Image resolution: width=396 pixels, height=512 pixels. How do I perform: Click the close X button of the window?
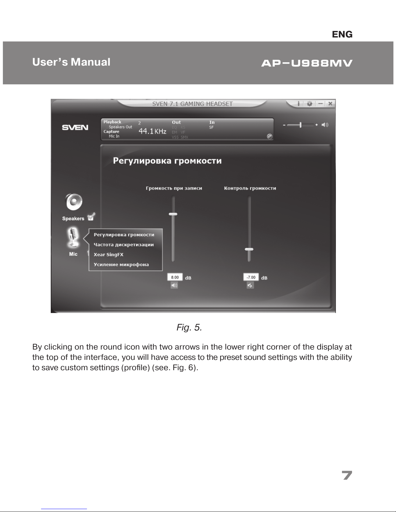click(330, 104)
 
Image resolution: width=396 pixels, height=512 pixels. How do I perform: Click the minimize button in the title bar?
click(320, 104)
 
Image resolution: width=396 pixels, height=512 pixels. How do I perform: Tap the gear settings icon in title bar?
click(309, 104)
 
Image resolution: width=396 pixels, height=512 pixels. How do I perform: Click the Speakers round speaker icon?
click(74, 202)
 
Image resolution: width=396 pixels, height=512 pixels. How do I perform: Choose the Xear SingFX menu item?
click(109, 255)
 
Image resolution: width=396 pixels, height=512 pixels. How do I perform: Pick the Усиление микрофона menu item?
click(121, 265)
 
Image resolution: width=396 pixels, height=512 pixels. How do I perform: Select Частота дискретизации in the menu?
click(123, 245)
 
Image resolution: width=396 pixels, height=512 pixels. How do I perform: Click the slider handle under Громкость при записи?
click(173, 214)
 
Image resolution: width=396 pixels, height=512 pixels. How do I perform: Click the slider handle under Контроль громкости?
click(249, 249)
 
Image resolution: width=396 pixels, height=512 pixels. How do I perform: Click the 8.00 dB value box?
click(175, 277)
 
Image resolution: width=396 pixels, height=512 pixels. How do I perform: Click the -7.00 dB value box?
click(251, 277)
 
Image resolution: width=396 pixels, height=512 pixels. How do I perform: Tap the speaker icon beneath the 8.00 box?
click(174, 285)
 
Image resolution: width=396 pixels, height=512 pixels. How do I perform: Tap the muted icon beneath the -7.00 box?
click(250, 285)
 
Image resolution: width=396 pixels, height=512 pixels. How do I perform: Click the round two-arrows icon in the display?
click(270, 136)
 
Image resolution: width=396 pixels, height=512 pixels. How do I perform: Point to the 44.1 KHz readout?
click(152, 131)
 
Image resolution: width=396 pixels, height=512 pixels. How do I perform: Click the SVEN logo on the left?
click(75, 127)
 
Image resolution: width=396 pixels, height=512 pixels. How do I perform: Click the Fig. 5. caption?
click(189, 328)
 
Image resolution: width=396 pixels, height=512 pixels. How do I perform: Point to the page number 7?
click(347, 475)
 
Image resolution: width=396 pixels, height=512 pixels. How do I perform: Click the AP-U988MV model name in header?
click(306, 63)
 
